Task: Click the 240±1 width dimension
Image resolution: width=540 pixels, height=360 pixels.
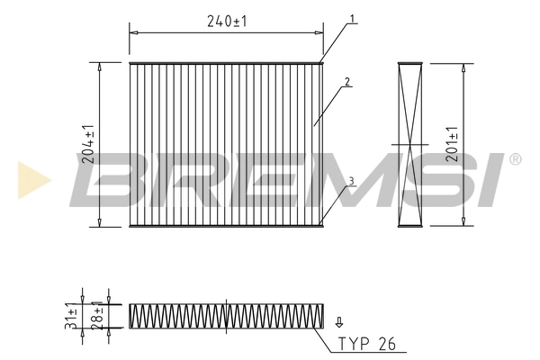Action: [226, 22]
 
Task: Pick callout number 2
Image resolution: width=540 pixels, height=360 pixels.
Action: [346, 83]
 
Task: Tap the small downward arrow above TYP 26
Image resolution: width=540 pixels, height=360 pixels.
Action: [339, 321]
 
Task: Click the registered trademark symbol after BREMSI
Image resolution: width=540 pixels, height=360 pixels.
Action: [514, 159]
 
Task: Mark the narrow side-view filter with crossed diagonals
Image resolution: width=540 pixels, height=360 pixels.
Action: [409, 144]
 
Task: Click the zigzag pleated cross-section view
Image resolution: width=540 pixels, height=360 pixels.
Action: [226, 314]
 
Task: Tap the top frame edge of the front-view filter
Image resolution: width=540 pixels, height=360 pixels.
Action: [226, 63]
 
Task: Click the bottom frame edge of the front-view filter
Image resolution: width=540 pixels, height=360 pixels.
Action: [226, 226]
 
